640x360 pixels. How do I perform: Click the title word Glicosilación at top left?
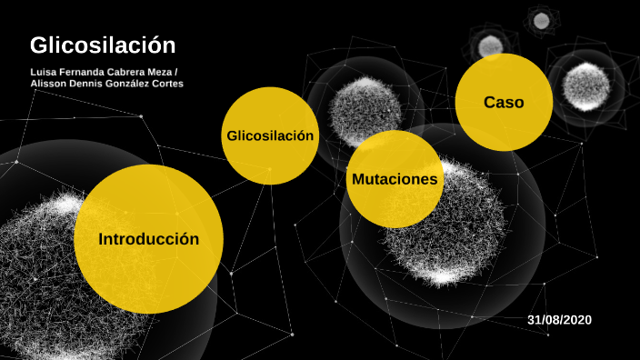[x=102, y=45]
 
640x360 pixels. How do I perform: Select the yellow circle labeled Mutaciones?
[x=395, y=179]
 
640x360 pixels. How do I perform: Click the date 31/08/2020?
[x=559, y=320]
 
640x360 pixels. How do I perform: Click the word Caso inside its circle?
[x=504, y=103]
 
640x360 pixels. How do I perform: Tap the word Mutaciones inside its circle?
[x=395, y=179]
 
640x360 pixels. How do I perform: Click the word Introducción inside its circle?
[x=148, y=240]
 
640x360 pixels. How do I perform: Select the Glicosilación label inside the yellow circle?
[x=270, y=135]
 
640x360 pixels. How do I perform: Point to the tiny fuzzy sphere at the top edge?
[x=542, y=20]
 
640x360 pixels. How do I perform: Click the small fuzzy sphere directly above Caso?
[x=490, y=45]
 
